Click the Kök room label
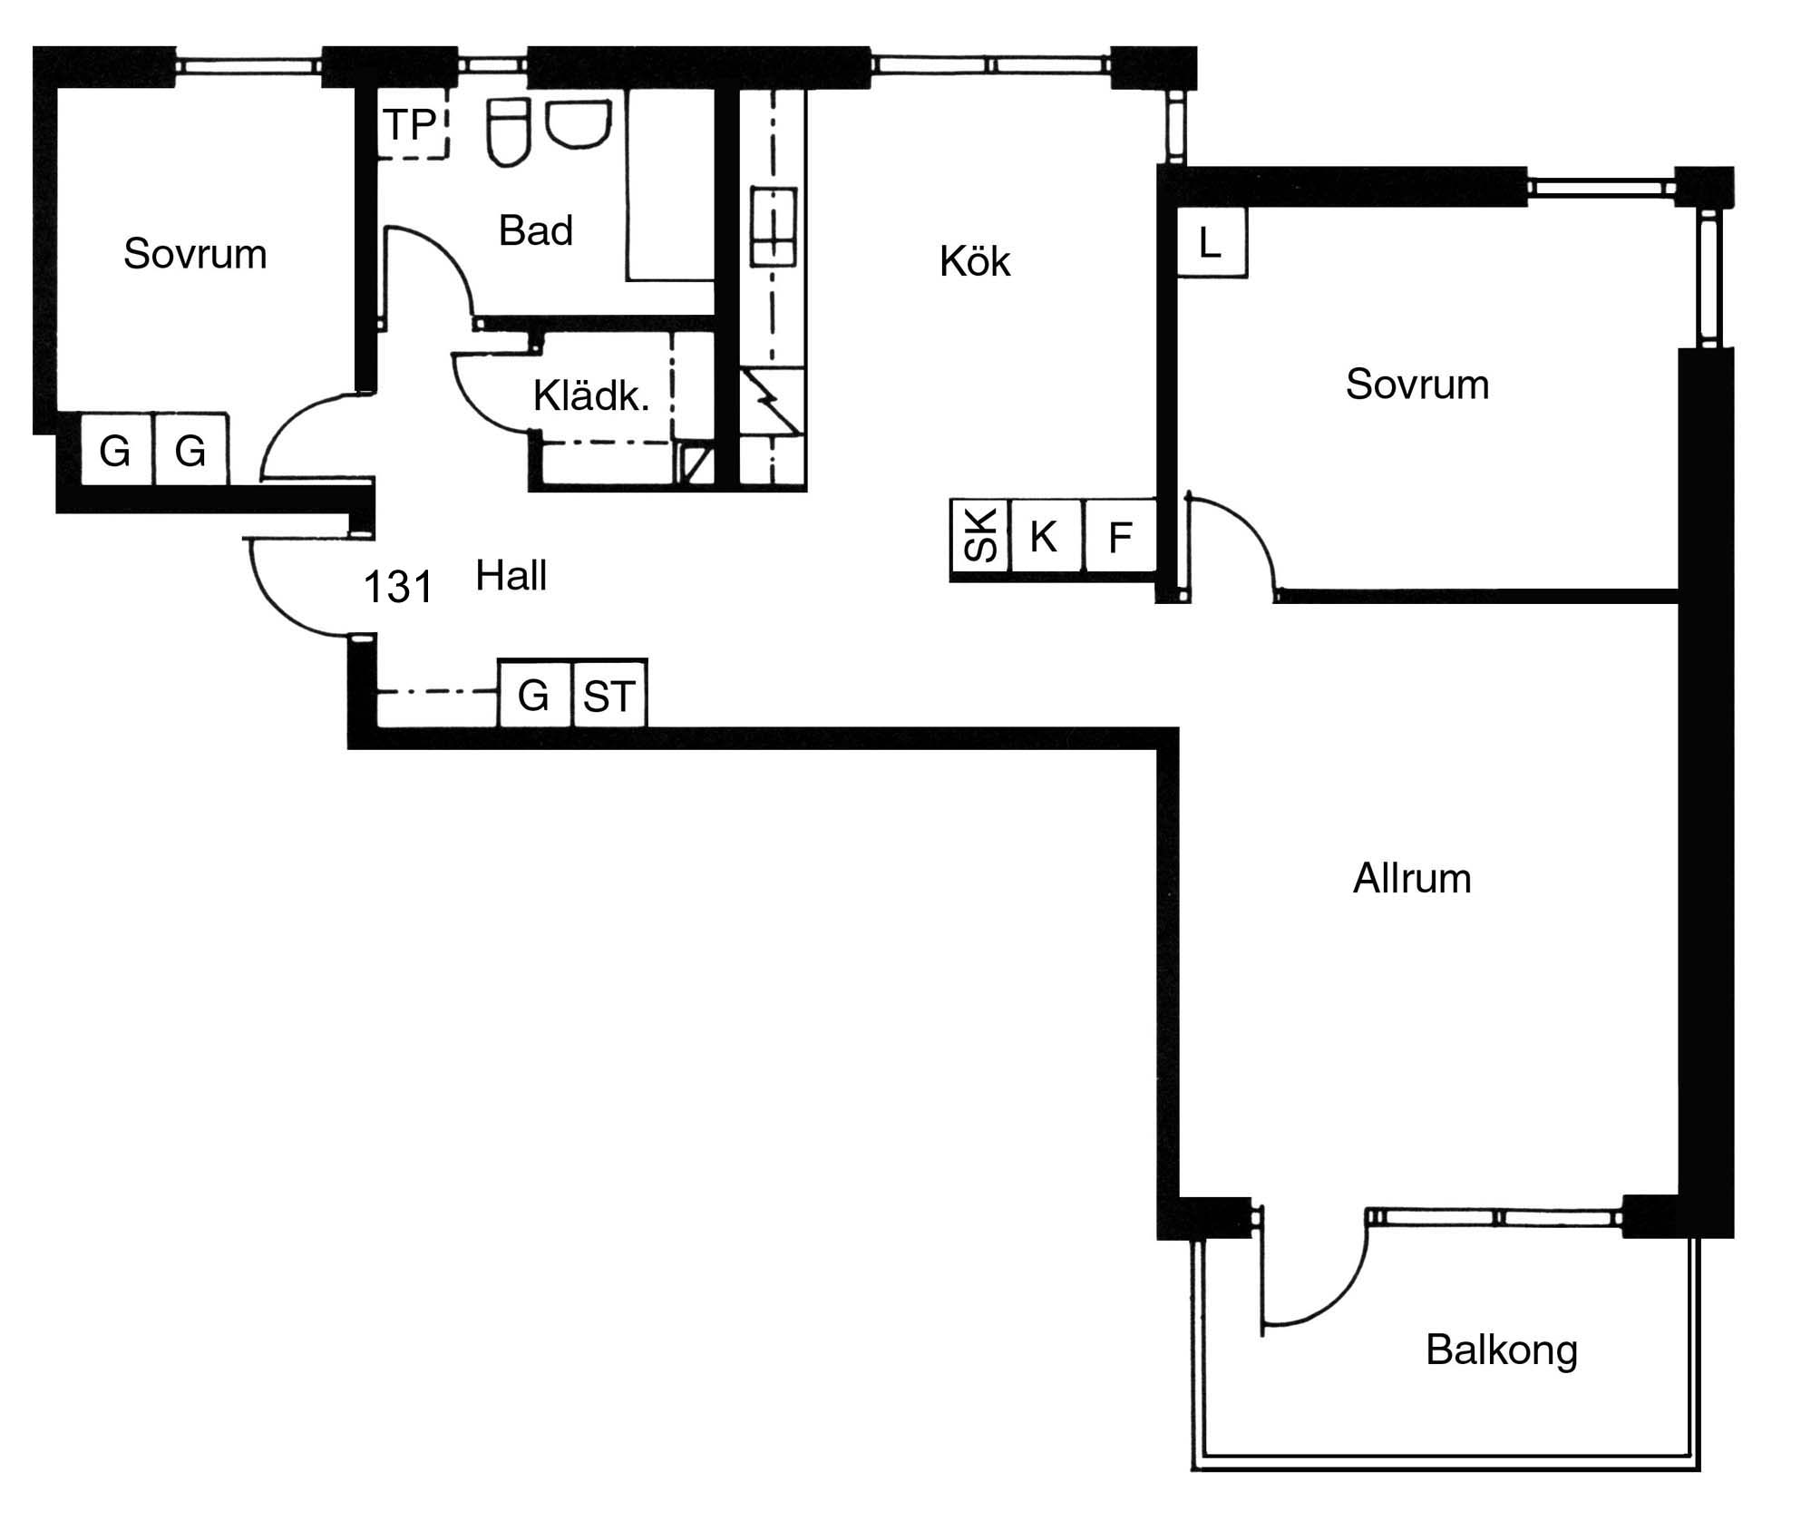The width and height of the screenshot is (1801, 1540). click(975, 261)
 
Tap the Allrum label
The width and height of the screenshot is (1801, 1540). click(1412, 879)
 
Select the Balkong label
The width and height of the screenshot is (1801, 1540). click(1502, 1350)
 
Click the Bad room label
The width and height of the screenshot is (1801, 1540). click(536, 230)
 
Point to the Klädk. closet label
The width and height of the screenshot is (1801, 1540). click(591, 396)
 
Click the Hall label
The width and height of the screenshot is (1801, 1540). click(511, 576)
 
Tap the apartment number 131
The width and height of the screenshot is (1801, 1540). click(398, 587)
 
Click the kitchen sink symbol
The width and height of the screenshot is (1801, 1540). click(774, 227)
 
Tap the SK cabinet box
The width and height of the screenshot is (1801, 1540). click(979, 538)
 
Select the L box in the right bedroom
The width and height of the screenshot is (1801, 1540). click(1212, 242)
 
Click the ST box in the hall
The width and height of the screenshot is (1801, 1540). click(610, 694)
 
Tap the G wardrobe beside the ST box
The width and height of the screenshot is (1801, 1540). click(535, 694)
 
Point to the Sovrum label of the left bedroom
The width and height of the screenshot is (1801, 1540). click(195, 254)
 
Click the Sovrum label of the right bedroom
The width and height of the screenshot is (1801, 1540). click(1417, 385)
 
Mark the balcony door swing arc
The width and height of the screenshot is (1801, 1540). click(1345, 1293)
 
